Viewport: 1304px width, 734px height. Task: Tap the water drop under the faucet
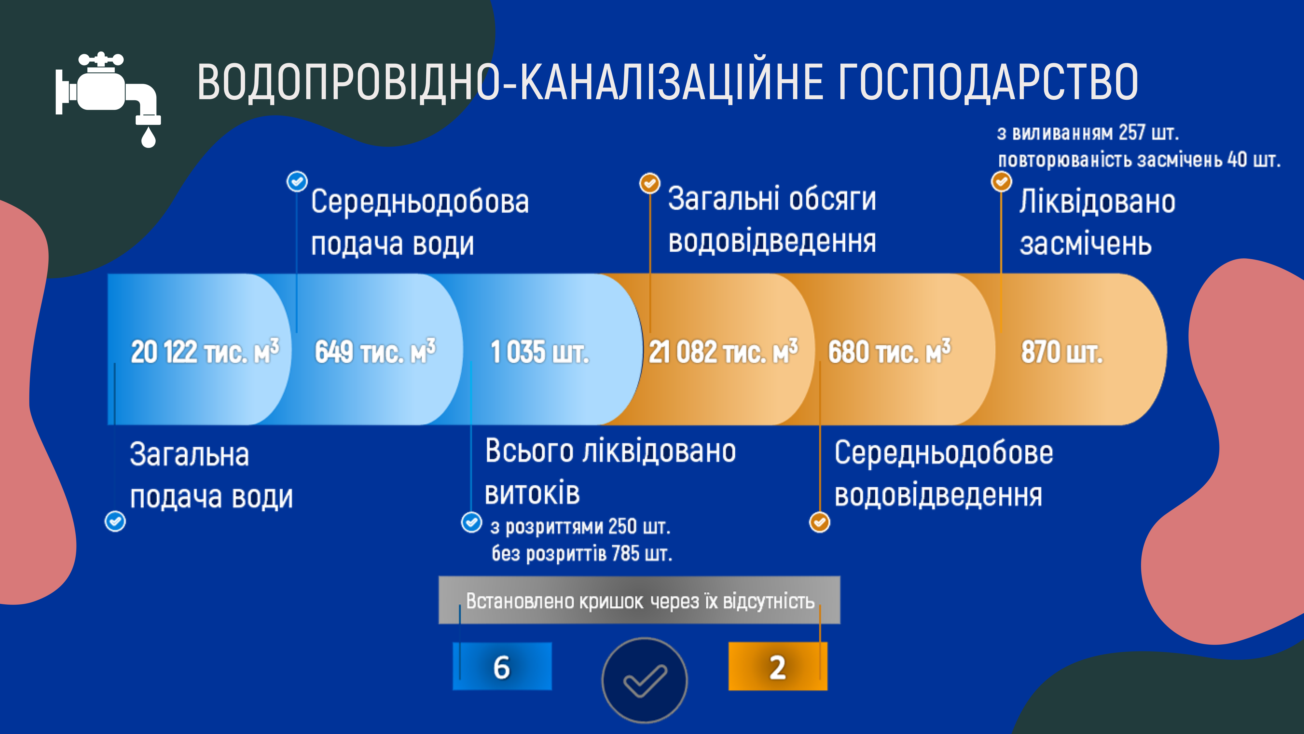coord(148,137)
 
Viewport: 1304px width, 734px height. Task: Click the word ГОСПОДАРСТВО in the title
coord(987,82)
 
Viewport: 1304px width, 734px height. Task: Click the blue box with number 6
coord(502,666)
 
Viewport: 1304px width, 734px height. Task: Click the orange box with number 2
coord(778,666)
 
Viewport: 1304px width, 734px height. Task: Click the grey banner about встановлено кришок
coord(639,600)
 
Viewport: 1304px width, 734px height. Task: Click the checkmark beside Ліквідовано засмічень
coord(1001,181)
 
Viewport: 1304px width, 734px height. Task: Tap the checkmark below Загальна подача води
coord(115,521)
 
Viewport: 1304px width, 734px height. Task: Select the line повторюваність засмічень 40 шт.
coord(1139,160)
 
